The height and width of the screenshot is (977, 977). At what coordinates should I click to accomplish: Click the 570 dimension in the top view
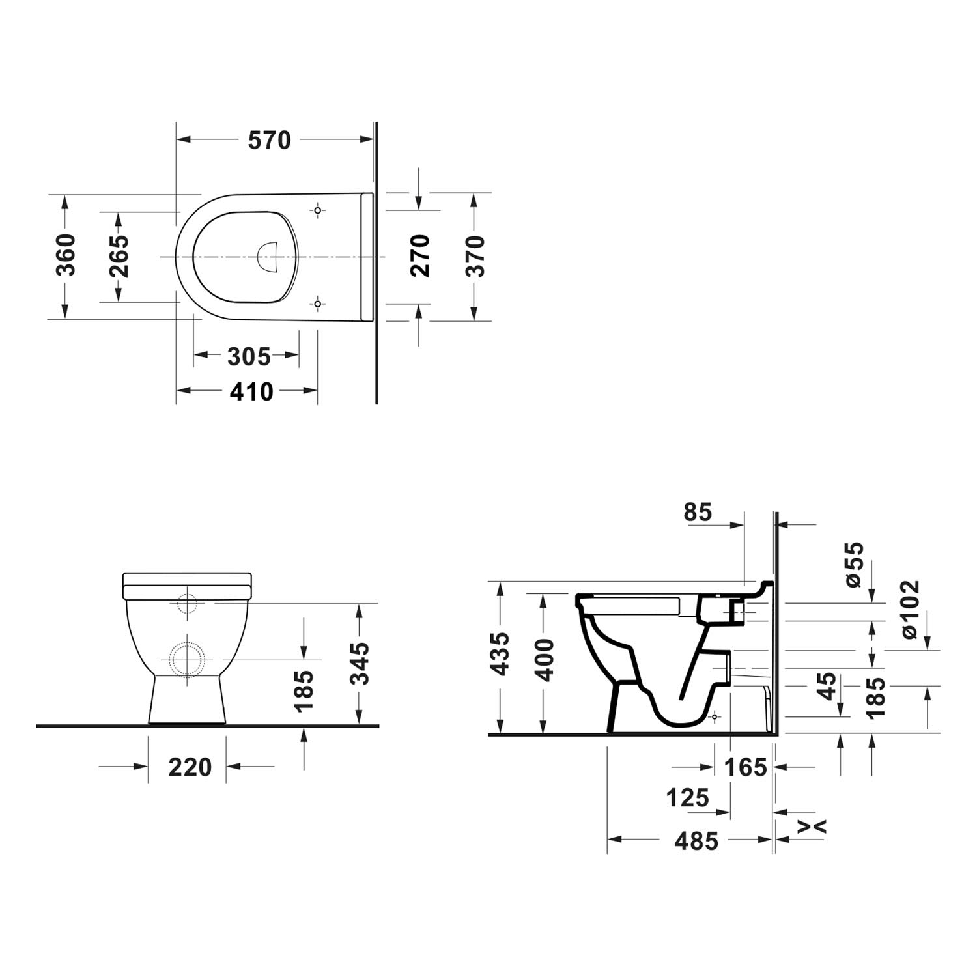tap(269, 140)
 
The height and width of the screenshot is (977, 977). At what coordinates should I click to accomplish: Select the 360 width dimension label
tap(66, 255)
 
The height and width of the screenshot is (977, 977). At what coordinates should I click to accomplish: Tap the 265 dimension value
tap(119, 256)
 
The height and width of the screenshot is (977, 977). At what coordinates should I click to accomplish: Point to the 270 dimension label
tap(420, 256)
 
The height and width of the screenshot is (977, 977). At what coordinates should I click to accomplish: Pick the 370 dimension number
tap(476, 256)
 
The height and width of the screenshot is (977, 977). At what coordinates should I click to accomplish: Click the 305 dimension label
tap(249, 356)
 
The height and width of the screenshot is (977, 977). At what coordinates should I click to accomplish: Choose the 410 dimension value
tap(251, 391)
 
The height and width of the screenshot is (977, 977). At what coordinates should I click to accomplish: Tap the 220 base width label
tap(190, 767)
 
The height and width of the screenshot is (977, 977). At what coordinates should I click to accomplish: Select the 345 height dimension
tap(359, 663)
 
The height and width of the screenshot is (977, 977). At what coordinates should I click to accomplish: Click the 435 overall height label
tap(500, 653)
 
